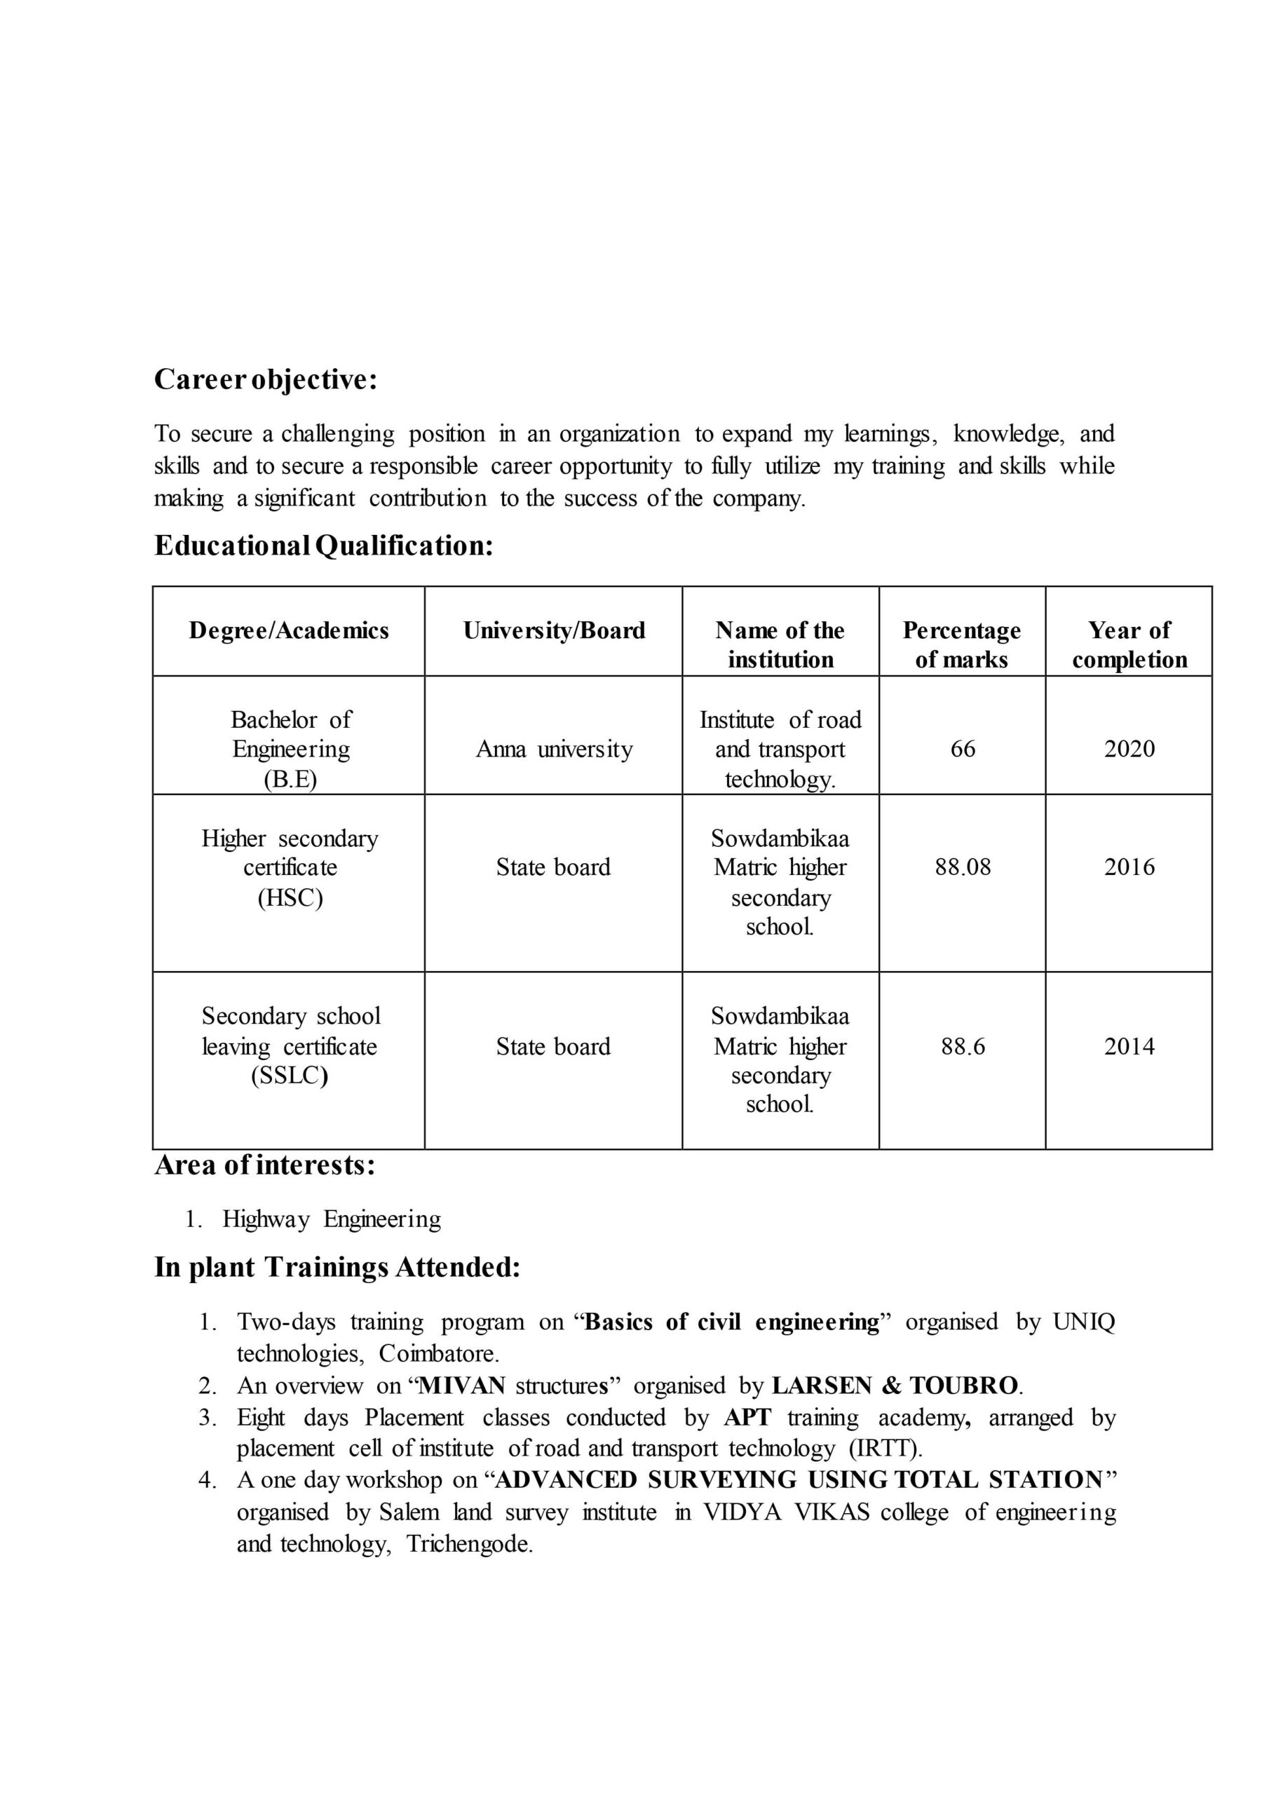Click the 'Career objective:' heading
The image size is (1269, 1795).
tap(266, 380)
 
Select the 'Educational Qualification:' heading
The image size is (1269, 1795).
tap(324, 546)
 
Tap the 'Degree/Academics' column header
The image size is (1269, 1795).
tap(289, 631)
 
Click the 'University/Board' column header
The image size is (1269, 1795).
tap(554, 631)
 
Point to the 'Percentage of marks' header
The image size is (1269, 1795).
tap(962, 645)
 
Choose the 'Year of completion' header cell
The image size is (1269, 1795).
tap(1129, 645)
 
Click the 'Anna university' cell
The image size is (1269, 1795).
tap(554, 750)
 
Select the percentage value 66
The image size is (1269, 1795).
tap(963, 749)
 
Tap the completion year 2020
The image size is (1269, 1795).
tap(1129, 749)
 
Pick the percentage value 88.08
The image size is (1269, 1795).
tap(963, 867)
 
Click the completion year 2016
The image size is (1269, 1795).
tap(1129, 867)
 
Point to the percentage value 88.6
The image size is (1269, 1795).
tap(963, 1047)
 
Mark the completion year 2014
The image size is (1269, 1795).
tap(1129, 1047)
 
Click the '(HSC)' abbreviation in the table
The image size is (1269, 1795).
tap(290, 897)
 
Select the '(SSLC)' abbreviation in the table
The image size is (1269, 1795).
tap(290, 1076)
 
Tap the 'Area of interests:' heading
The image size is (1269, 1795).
tap(265, 1165)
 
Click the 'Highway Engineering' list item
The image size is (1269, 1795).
tap(332, 1219)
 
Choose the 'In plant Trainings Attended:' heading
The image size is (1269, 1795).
tap(337, 1267)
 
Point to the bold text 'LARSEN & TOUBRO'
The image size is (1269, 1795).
tap(895, 1386)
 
